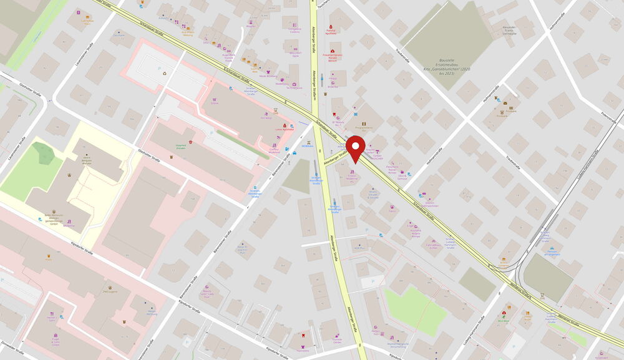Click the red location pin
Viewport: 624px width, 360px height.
click(x=356, y=148)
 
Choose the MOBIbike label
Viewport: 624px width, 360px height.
click(x=307, y=145)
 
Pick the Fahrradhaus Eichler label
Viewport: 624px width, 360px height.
click(x=433, y=245)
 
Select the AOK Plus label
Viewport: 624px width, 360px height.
click(x=359, y=248)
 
